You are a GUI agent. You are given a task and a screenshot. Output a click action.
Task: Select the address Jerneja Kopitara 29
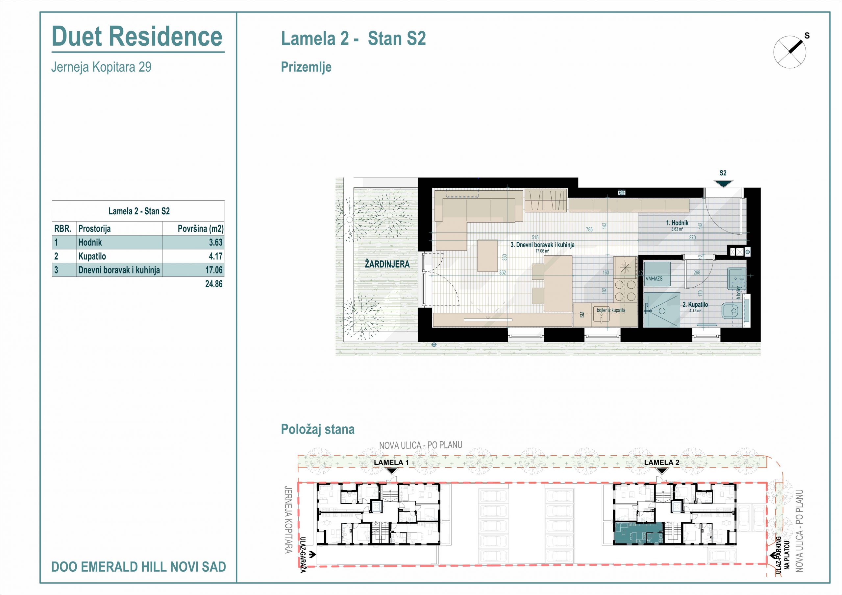[101, 67]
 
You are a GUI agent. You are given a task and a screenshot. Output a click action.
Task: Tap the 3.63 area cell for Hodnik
[216, 242]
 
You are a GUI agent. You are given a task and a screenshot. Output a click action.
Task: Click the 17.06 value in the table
[214, 270]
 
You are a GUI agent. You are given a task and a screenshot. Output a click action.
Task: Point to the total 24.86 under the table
[214, 284]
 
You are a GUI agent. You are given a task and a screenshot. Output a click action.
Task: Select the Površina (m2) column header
[201, 229]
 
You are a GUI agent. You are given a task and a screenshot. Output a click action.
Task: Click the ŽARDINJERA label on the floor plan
[387, 264]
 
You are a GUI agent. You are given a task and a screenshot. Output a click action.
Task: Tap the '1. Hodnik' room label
[677, 223]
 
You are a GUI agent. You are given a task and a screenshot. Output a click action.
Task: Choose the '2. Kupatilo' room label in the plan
[695, 304]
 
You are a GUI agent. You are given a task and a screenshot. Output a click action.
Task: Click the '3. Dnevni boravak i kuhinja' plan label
[542, 245]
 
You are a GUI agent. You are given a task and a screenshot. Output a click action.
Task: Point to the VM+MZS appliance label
[654, 279]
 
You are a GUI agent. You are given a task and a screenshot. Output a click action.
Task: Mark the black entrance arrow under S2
[723, 184]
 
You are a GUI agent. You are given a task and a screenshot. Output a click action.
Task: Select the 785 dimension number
[589, 230]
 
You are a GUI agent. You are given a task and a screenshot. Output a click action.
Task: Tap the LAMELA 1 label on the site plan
[391, 462]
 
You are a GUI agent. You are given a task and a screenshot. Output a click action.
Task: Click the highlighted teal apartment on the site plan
[638, 534]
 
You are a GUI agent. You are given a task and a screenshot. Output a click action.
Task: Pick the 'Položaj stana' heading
[318, 430]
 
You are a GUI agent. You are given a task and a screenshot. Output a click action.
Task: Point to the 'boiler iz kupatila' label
[611, 310]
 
